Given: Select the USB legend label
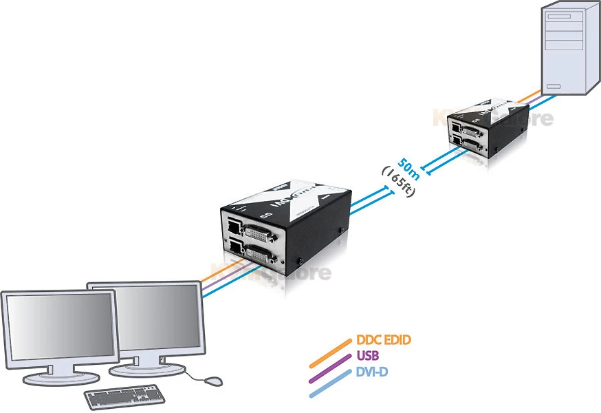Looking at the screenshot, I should [x=369, y=356].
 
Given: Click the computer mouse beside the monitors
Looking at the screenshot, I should [x=212, y=380].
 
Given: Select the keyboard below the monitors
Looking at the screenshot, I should [x=125, y=396].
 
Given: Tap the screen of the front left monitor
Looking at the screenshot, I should [x=58, y=326].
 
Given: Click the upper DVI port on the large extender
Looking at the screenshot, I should [x=262, y=233].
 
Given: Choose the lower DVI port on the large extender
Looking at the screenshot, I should [x=262, y=258].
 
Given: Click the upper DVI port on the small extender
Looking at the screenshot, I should [x=472, y=130].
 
